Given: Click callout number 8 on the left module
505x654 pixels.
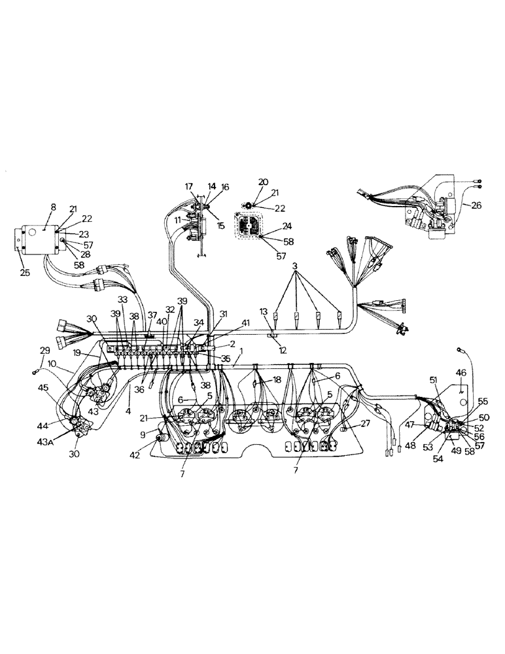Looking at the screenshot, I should coord(54,207).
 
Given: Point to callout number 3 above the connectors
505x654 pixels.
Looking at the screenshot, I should coord(295,267).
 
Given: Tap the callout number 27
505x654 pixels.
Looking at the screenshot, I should coord(364,424).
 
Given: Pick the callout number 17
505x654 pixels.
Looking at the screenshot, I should coord(189,186).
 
